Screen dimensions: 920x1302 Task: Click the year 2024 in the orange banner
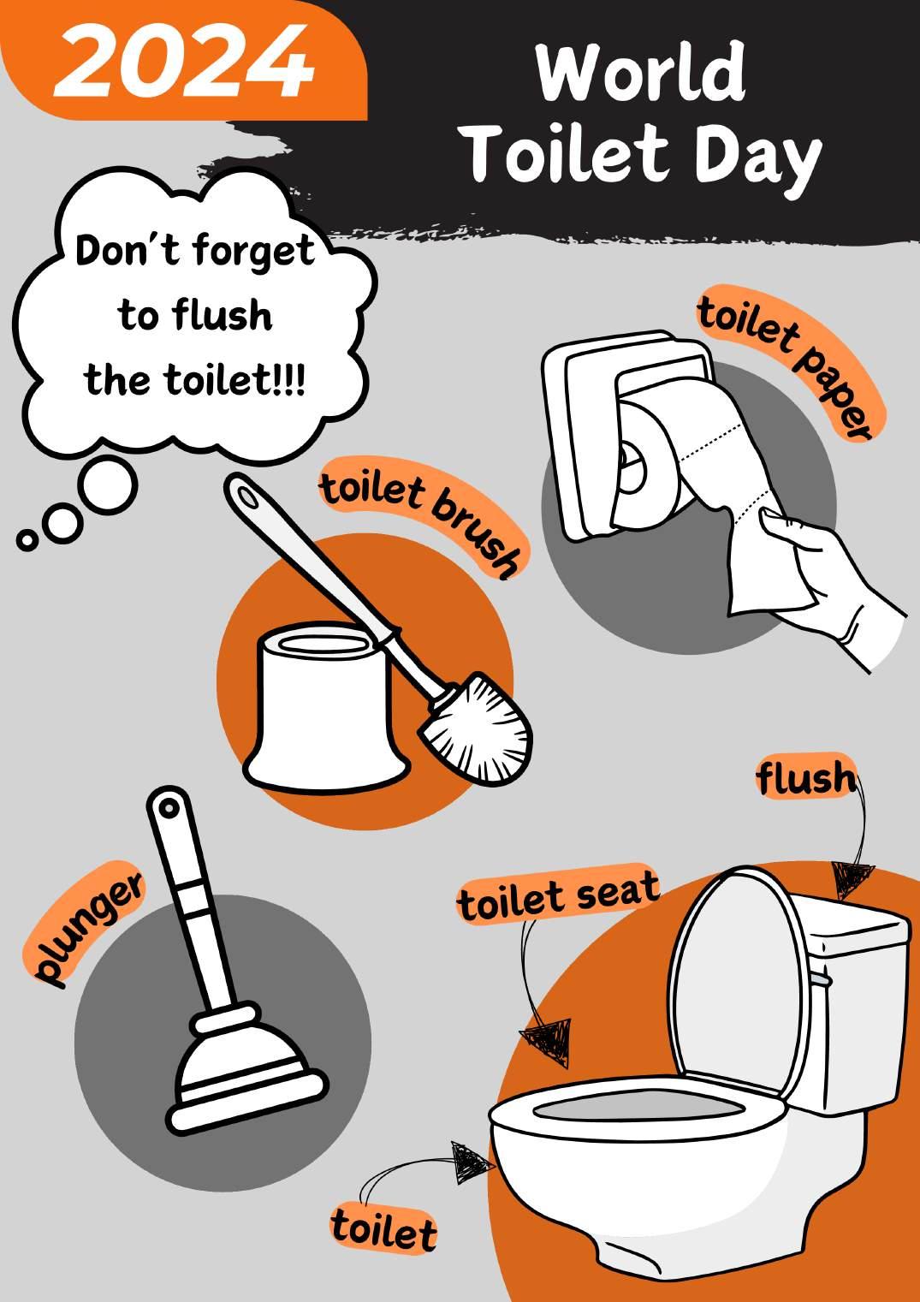184,62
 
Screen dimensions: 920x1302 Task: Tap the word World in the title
640,74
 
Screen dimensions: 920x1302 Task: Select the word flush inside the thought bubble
223,314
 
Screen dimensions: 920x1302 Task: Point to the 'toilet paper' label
791,363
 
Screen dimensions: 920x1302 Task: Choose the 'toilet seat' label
558,895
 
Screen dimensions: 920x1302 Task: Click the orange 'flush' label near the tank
806,778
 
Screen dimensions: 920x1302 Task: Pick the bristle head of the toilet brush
478,730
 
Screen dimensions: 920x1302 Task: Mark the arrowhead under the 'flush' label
851,880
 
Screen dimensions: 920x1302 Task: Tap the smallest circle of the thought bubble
26,539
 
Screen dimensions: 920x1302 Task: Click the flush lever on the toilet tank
821,980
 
